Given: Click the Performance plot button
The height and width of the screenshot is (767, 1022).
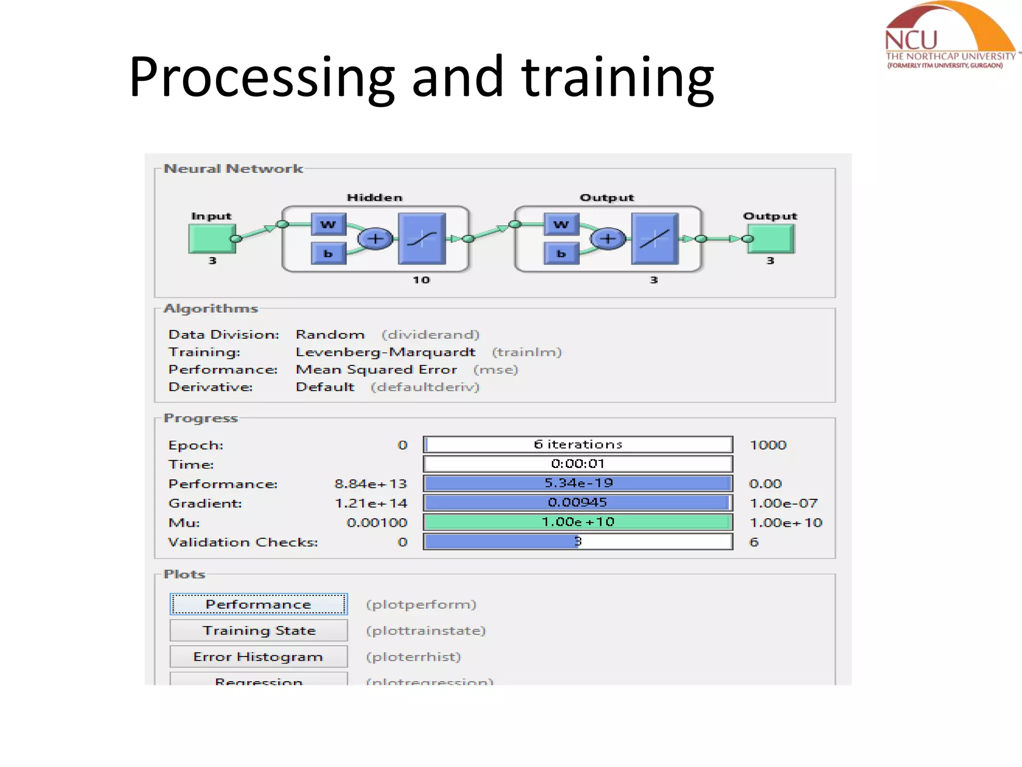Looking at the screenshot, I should click(258, 604).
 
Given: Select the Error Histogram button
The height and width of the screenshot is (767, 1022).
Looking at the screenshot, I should click(258, 657).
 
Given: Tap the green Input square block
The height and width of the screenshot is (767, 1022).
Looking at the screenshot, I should click(212, 239).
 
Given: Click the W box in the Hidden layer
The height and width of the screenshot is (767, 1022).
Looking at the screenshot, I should click(328, 224).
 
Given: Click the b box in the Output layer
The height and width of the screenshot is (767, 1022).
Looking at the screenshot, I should click(561, 254).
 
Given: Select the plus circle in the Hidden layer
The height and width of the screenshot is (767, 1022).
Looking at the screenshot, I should click(375, 239).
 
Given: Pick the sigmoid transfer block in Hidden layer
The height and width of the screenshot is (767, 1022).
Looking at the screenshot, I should click(422, 239).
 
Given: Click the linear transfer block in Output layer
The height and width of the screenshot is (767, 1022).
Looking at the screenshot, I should click(654, 239).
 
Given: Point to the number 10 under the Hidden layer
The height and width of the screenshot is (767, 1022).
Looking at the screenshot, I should click(421, 280).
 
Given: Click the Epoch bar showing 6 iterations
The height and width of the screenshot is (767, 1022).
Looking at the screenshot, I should click(578, 444).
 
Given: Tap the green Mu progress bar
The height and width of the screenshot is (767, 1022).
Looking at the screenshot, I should click(578, 522).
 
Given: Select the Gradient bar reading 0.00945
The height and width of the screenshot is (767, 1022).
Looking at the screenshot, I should click(578, 502).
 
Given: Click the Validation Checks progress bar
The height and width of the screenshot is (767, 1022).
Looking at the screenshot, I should click(578, 542).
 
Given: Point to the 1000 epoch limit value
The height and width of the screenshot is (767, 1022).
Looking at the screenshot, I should click(767, 445).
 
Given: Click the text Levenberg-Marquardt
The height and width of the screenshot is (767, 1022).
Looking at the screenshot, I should click(385, 352).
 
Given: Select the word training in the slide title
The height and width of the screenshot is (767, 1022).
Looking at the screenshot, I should click(618, 77).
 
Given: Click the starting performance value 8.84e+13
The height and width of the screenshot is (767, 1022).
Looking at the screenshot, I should click(370, 484).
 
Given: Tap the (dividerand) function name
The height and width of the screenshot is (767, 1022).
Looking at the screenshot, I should click(430, 335).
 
